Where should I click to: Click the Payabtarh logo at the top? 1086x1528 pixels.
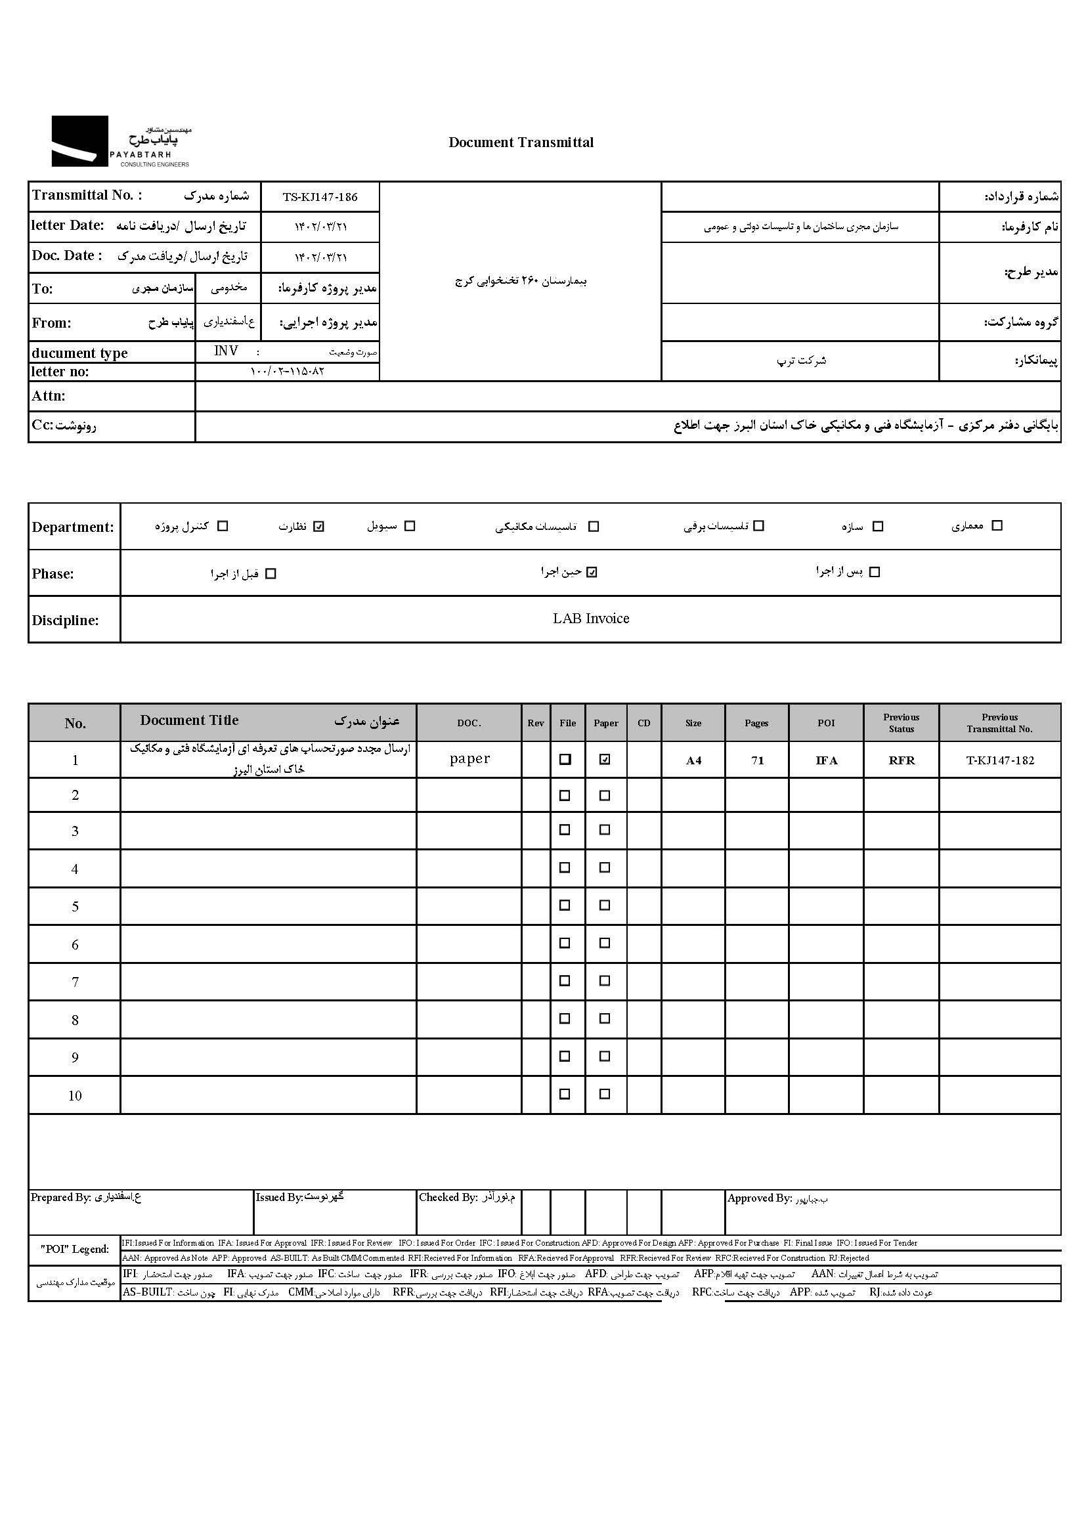tap(120, 141)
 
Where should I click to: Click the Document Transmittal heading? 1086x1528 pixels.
tap(521, 142)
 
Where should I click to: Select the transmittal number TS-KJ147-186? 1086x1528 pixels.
tap(320, 197)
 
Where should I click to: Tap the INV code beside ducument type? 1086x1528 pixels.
tap(226, 351)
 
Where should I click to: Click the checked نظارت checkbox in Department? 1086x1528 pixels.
tap(319, 526)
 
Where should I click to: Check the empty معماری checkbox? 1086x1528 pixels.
tap(997, 525)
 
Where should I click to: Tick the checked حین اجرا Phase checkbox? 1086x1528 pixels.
tap(592, 573)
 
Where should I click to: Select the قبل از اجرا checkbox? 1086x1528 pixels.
tap(271, 574)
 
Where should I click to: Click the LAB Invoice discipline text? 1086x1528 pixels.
tap(590, 619)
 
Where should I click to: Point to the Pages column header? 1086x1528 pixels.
tap(756, 723)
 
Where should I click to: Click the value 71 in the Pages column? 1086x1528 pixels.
tap(757, 760)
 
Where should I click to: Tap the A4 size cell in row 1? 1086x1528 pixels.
tap(693, 760)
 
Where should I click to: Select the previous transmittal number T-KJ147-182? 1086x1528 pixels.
tap(1000, 760)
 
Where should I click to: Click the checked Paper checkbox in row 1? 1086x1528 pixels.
tap(605, 760)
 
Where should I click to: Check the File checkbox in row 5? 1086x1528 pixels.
tap(565, 906)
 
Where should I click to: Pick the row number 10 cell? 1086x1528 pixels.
tap(75, 1095)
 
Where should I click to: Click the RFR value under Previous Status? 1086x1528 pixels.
tap(901, 760)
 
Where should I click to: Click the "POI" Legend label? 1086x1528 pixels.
tap(74, 1249)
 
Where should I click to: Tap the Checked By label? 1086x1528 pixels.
tap(447, 1198)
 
